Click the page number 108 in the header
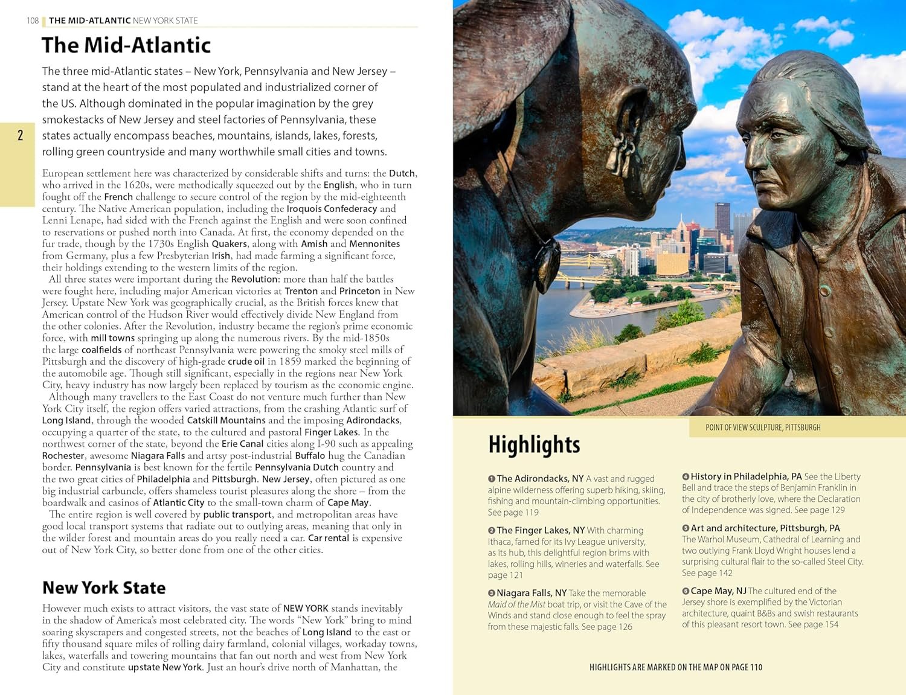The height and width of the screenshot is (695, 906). [x=33, y=21]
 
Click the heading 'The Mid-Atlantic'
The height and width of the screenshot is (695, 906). [x=126, y=45]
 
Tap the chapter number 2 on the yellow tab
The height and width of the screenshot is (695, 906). [x=20, y=135]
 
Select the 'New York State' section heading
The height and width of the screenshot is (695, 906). [x=103, y=588]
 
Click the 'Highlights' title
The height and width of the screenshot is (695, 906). [x=534, y=444]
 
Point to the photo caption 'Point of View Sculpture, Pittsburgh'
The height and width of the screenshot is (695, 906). [x=762, y=428]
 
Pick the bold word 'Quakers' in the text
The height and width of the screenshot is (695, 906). [x=229, y=244]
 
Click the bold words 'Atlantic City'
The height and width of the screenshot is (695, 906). [x=178, y=503]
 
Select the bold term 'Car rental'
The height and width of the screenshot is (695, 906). [x=329, y=538]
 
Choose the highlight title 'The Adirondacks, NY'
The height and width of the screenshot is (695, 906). [x=540, y=479]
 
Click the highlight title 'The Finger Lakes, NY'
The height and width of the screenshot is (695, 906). [x=541, y=530]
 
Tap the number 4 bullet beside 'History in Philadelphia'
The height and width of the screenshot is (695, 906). [x=686, y=477]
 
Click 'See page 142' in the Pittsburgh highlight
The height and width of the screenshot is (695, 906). [x=707, y=573]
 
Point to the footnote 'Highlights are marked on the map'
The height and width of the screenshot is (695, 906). [x=675, y=667]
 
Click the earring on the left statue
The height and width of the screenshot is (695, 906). [x=622, y=154]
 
